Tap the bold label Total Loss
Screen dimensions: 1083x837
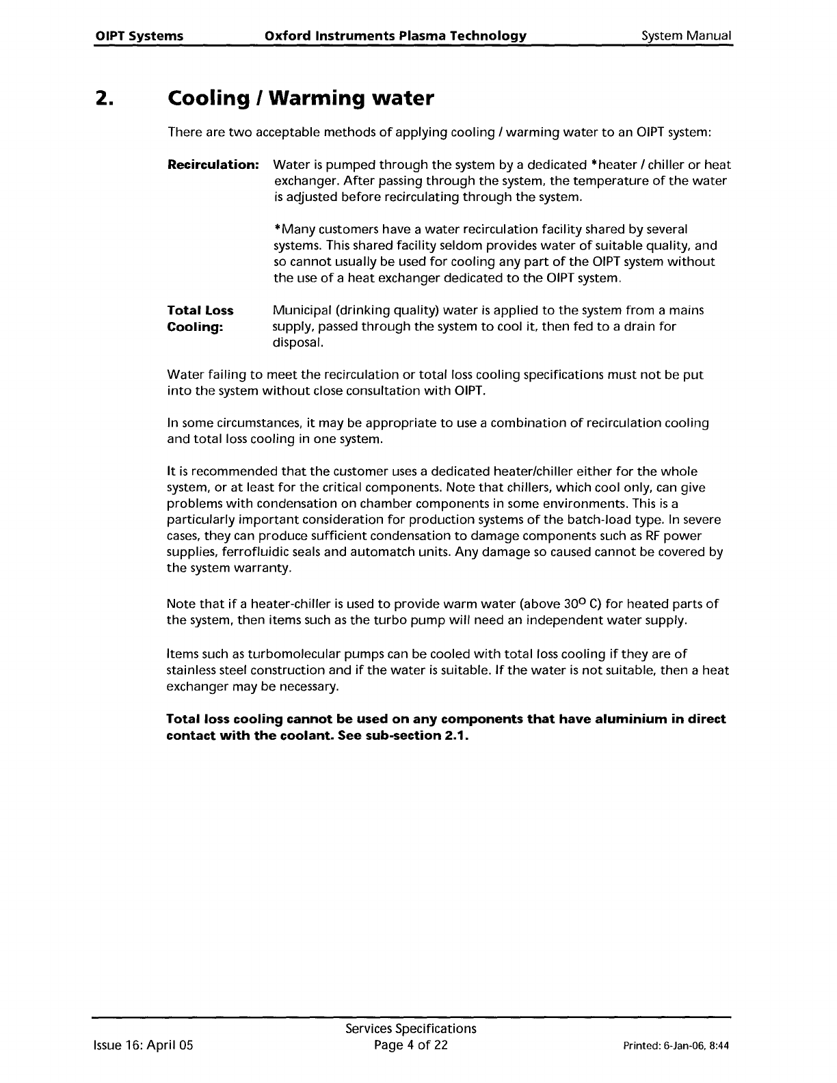(200, 310)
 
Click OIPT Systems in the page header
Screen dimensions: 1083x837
(139, 36)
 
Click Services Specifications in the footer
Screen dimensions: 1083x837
(411, 1029)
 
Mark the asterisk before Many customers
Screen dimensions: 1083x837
(276, 228)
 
